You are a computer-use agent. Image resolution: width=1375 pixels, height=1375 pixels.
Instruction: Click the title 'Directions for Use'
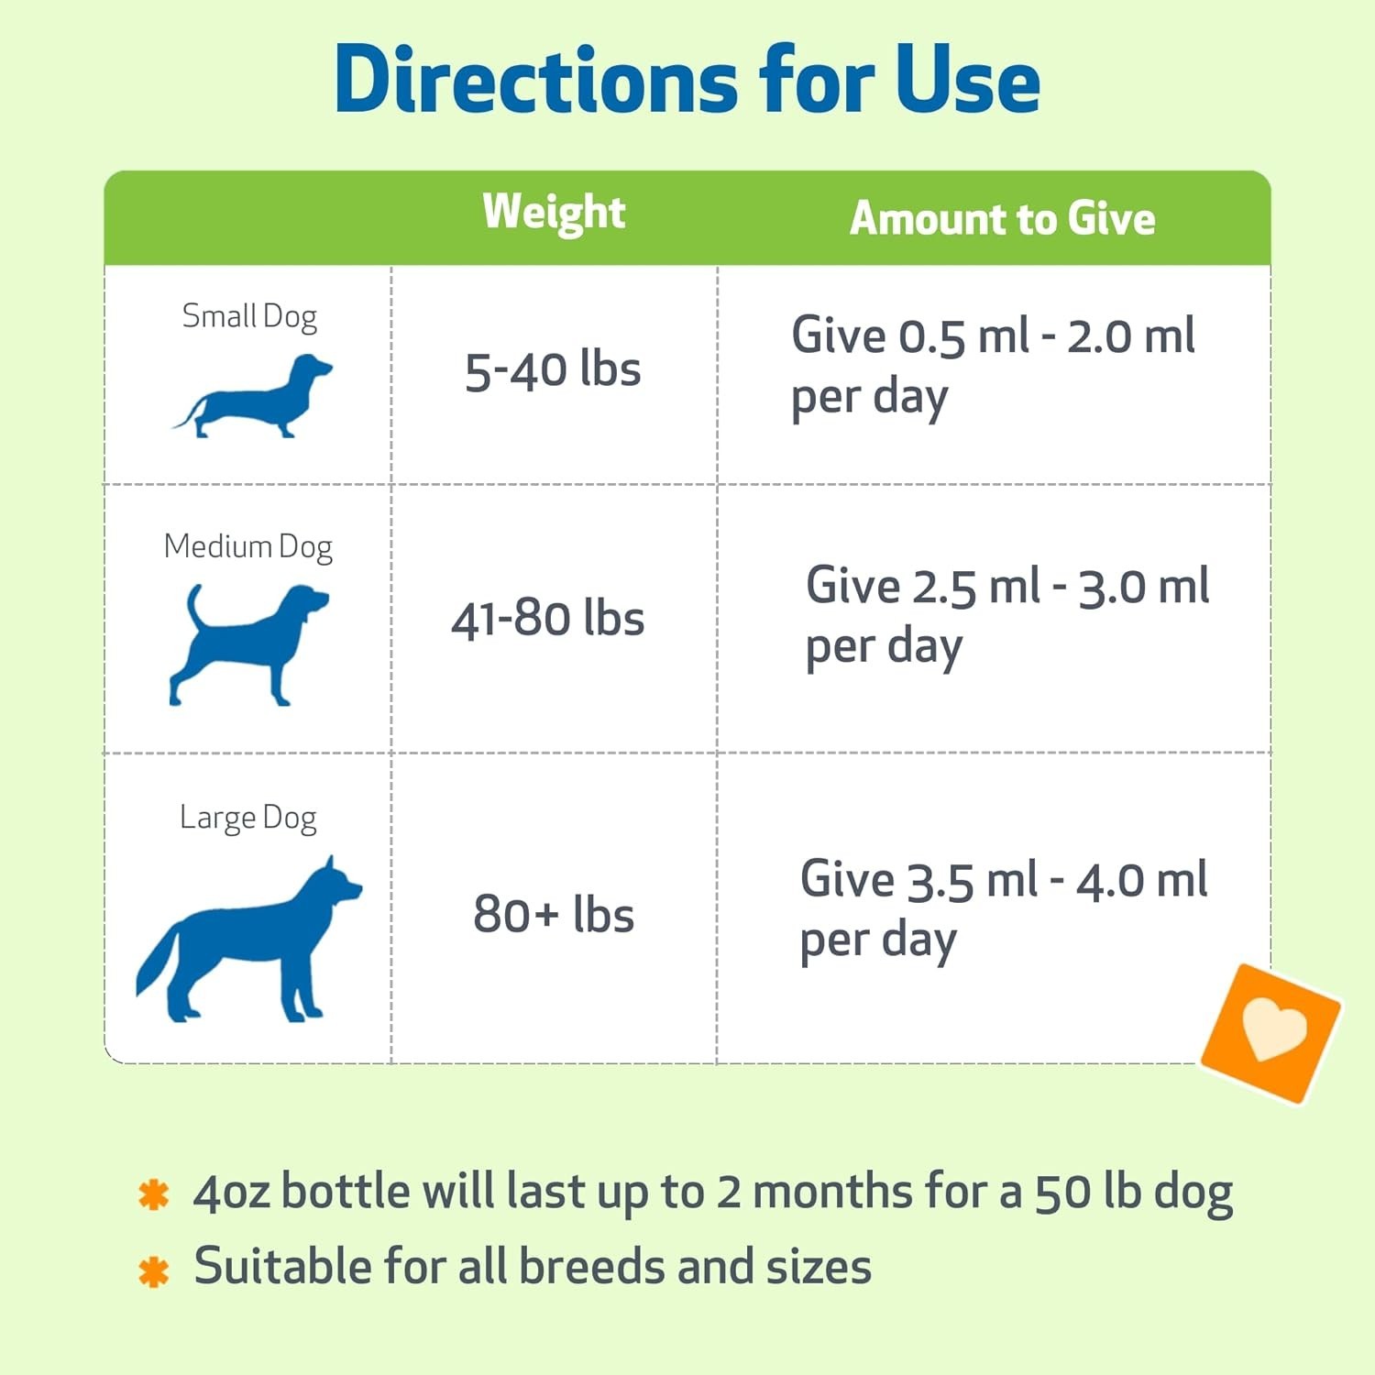pos(687,80)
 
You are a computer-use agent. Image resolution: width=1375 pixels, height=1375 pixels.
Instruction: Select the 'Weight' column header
pos(554,213)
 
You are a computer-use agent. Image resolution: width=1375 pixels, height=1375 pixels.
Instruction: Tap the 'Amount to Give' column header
pos(1002,218)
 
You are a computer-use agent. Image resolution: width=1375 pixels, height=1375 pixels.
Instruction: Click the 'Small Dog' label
pos(249,316)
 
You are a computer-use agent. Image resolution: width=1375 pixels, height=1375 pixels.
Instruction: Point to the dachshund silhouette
pos(253,396)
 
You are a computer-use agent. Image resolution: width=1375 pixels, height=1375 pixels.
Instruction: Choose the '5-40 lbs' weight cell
pos(553,370)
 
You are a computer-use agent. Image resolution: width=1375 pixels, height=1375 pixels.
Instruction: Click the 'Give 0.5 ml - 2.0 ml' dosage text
pos(993,335)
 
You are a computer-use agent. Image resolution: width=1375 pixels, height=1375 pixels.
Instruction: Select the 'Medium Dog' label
pos(247,547)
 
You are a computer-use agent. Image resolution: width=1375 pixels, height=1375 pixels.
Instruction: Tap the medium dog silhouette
pos(247,645)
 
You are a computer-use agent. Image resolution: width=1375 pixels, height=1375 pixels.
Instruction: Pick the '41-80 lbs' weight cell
pos(547,618)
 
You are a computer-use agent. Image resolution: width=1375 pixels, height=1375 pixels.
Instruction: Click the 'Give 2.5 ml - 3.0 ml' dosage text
pos(1007,586)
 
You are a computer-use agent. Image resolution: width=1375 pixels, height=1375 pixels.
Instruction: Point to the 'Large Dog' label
pos(248,818)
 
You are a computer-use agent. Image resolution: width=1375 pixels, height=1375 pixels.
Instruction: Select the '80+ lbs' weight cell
pos(554,914)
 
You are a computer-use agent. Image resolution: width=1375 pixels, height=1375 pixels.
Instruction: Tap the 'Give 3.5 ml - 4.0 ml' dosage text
pos(1004,880)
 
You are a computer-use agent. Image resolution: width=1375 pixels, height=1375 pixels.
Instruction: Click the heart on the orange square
pos(1274,1028)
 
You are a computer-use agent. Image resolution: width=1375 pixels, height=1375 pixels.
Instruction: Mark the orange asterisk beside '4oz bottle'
pos(153,1195)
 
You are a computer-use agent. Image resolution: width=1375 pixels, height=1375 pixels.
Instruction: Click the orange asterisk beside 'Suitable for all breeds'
pos(153,1271)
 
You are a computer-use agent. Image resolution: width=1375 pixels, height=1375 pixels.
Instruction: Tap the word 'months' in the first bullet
pos(833,1193)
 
